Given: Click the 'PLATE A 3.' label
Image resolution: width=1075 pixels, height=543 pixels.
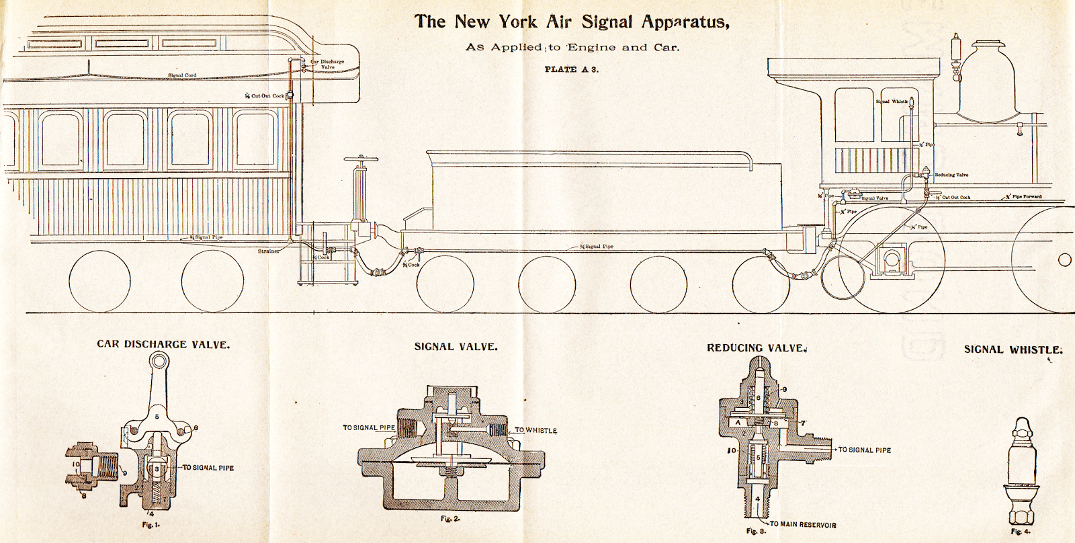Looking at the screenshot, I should point(571,69).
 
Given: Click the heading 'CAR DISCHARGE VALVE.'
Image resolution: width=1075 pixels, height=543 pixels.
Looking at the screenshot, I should point(163,344).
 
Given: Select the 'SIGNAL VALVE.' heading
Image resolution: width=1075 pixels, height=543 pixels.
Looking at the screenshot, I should point(456,347).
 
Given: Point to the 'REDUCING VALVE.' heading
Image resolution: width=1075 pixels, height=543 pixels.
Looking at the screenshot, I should point(755,347).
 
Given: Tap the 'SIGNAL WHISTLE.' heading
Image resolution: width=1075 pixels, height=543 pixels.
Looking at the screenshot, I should point(1013,349).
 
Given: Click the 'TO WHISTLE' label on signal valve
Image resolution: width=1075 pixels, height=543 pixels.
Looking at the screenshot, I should point(536,430).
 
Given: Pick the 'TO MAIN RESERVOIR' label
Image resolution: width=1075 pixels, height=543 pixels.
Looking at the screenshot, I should point(803,524).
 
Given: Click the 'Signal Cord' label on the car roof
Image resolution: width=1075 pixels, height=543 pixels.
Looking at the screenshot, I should point(182,75).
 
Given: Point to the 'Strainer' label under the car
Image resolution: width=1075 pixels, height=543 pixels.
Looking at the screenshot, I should point(269,251).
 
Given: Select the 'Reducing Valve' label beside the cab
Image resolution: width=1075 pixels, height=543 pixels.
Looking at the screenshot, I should point(951,175).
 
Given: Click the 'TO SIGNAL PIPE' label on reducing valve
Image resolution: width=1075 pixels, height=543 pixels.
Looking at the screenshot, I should point(864,450).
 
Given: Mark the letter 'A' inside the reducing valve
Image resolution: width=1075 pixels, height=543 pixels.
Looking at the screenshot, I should point(738,423).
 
